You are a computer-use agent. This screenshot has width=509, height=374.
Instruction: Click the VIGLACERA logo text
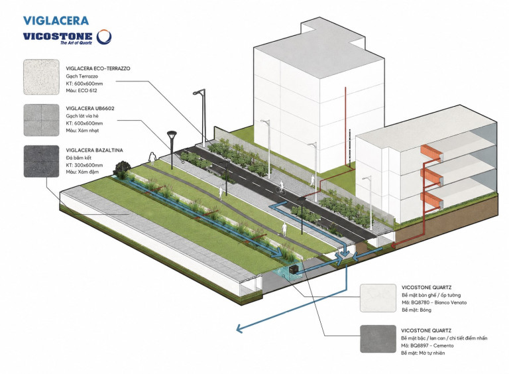[56, 21]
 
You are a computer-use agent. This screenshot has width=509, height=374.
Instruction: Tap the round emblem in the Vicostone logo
[104, 36]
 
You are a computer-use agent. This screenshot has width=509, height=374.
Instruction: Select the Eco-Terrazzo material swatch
[41, 77]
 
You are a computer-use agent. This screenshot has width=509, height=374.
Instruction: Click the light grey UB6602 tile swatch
[41, 120]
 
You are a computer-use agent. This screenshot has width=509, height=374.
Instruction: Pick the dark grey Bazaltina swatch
[41, 161]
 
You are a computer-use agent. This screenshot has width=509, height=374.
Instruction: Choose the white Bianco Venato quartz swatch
[378, 298]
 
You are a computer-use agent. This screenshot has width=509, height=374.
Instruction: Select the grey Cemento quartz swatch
[378, 339]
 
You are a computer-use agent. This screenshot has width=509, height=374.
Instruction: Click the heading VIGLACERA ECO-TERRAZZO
[98, 68]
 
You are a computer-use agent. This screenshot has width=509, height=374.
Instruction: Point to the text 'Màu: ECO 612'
[82, 91]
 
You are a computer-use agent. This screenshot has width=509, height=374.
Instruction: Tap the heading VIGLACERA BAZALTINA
[95, 151]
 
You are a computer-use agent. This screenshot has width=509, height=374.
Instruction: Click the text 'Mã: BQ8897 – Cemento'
[427, 345]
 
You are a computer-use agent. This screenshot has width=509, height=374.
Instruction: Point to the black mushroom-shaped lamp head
[172, 134]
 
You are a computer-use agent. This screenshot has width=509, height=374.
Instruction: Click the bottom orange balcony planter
[431, 200]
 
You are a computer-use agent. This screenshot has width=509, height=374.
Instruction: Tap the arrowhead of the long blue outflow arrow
[239, 328]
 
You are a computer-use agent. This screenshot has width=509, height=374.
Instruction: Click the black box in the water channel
[294, 269]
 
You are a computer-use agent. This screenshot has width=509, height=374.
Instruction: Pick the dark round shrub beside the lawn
[122, 168]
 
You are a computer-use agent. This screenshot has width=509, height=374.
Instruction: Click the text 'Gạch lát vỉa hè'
[82, 116]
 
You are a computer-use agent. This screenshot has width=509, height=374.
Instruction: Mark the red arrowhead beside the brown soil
[393, 245]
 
